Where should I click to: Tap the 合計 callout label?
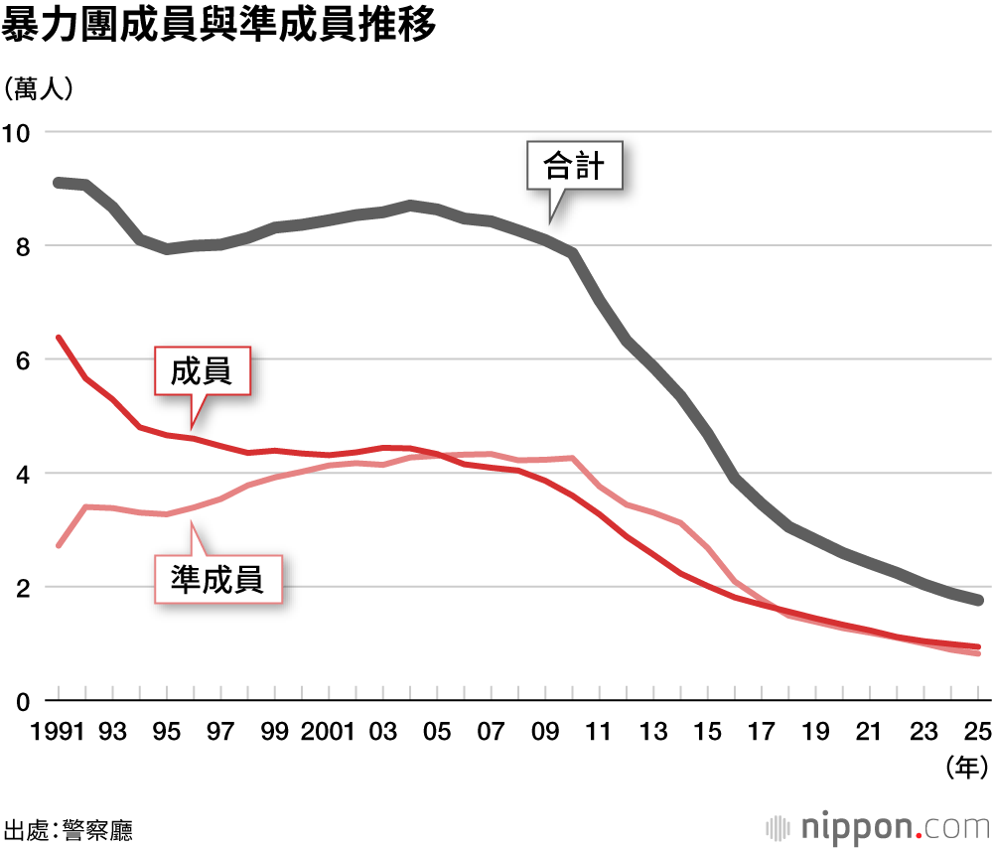[575, 165]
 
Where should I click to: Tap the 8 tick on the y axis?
[24, 246]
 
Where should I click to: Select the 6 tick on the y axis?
[24, 359]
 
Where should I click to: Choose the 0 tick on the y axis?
[24, 701]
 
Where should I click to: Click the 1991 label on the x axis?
[57, 732]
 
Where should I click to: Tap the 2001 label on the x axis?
[329, 732]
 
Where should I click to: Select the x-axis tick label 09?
[545, 732]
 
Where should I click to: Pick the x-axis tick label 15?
[708, 732]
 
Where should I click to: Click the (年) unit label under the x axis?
[966, 766]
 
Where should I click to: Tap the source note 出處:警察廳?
[69, 829]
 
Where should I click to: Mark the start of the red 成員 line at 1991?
[59, 338]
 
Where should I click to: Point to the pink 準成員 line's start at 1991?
[59, 545]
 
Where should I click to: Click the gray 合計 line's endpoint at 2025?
[979, 601]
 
